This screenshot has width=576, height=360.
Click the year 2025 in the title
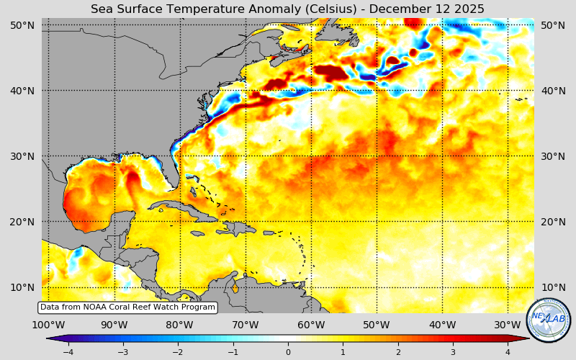point(469,9)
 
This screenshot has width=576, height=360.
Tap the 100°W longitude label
point(49,325)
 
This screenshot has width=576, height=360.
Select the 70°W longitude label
point(246,325)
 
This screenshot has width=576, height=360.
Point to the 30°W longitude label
point(508,325)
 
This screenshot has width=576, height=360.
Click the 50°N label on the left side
point(22,25)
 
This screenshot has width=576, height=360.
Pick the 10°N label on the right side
point(553,287)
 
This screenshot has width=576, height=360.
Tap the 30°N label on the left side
point(22,156)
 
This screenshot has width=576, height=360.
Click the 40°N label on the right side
point(553,91)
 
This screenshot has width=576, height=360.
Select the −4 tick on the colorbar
point(68,352)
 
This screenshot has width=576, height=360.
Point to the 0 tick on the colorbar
point(288,352)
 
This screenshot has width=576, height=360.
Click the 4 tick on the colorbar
point(508,352)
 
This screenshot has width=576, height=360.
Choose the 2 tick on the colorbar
point(397,352)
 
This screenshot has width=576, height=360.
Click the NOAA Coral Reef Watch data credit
point(127,307)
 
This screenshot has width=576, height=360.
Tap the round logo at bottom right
point(549,320)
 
